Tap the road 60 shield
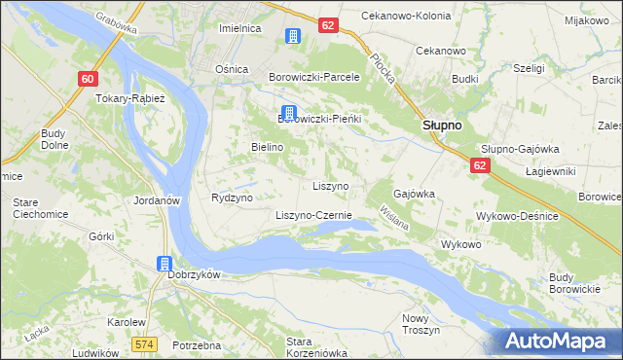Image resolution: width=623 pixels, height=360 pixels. [89, 79]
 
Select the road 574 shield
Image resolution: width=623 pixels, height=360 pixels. [146, 343]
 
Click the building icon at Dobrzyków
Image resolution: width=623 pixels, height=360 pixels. [165, 264]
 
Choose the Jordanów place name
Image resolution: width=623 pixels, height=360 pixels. [157, 199]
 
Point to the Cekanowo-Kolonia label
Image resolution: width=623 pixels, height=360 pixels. [404, 17]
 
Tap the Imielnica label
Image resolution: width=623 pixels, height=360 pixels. [240, 29]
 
